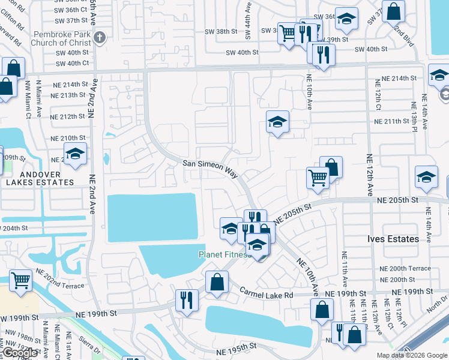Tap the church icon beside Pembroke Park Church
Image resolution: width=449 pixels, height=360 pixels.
pos(100,37)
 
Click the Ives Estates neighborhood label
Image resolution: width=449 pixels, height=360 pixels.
pos(393,239)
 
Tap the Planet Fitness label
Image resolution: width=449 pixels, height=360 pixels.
pos(224,254)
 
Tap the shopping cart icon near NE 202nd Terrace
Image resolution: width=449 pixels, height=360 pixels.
pos(20,280)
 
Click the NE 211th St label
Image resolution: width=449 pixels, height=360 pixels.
pos(391,121)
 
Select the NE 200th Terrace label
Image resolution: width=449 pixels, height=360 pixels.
pos(406,268)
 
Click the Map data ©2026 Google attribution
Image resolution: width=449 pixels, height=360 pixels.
pos(412,355)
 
